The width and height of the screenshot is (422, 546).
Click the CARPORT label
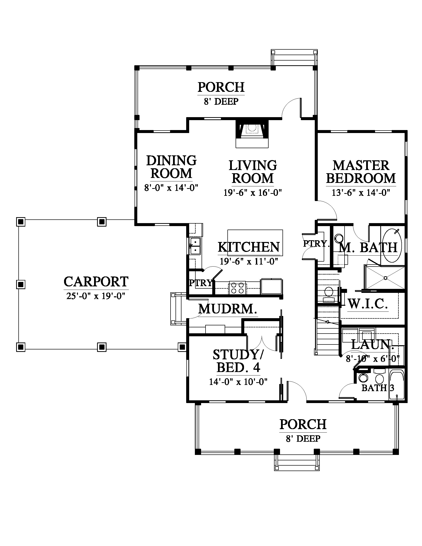click(x=96, y=282)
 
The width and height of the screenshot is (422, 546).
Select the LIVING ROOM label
click(x=253, y=172)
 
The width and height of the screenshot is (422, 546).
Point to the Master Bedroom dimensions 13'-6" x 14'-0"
click(x=361, y=193)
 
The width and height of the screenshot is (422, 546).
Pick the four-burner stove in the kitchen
click(x=237, y=288)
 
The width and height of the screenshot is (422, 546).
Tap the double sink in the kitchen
click(x=195, y=246)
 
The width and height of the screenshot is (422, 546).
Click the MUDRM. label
click(x=228, y=309)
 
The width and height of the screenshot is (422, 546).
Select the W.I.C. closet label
click(x=368, y=304)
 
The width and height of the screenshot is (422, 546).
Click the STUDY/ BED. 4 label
click(x=238, y=361)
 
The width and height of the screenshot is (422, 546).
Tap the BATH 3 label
click(x=378, y=388)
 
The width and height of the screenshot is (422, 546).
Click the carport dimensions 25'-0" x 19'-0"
click(x=96, y=296)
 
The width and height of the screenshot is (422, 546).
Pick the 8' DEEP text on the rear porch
click(x=221, y=102)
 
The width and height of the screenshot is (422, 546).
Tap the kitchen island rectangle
click(x=255, y=243)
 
